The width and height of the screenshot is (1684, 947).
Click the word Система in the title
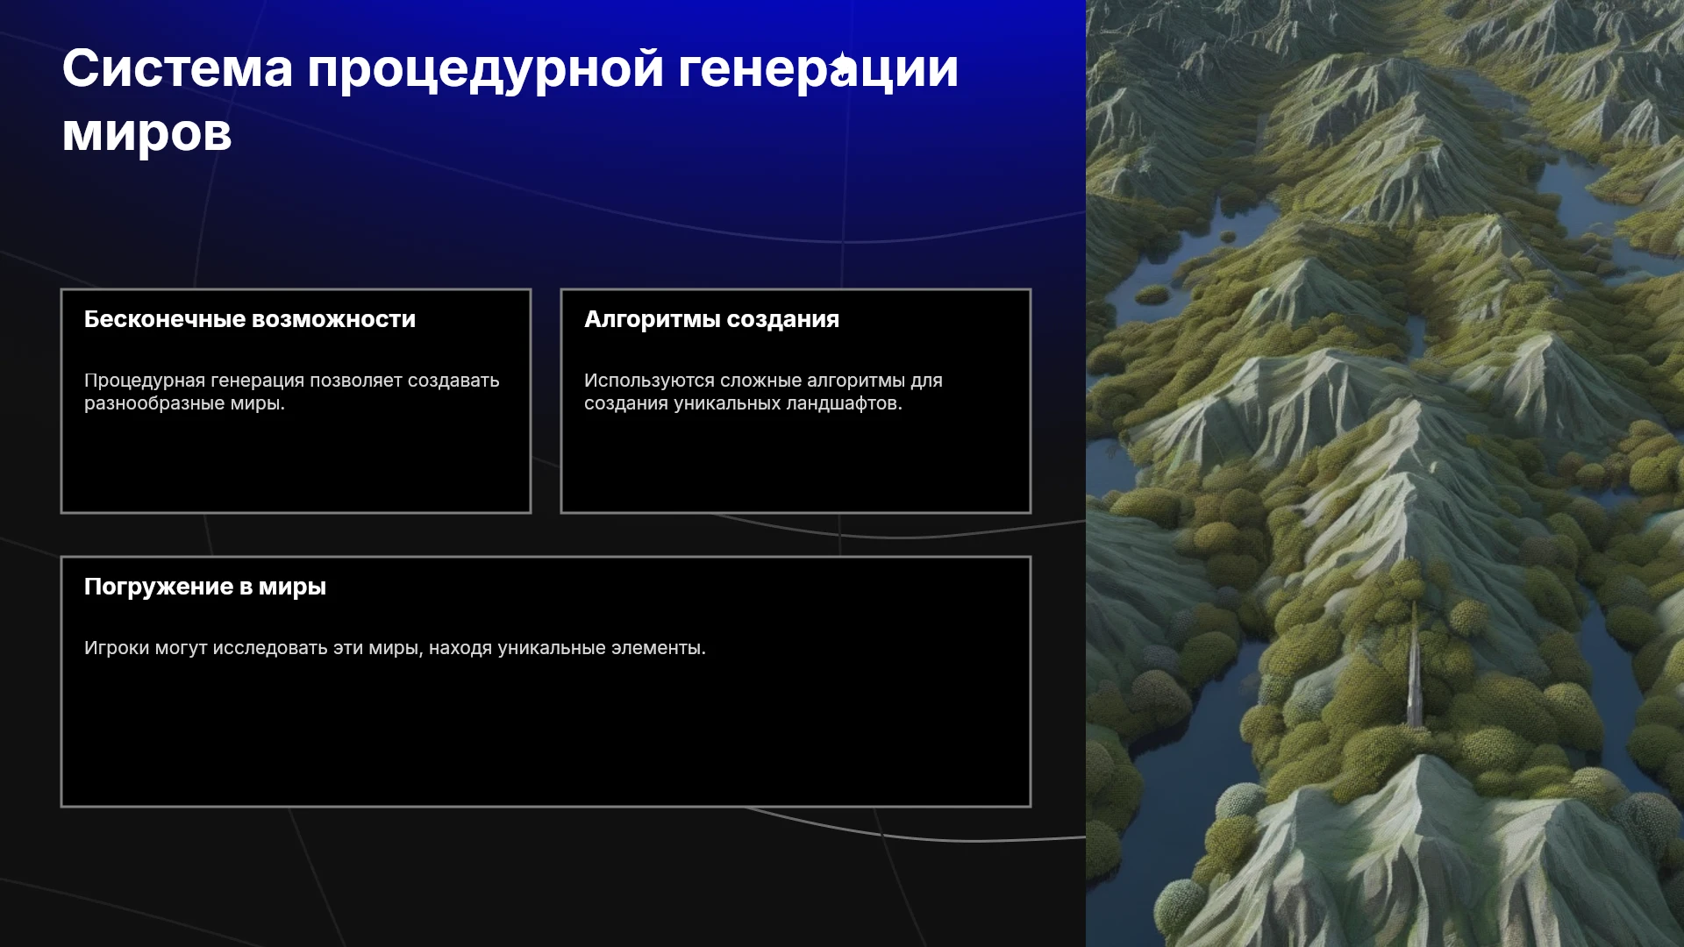pos(177,68)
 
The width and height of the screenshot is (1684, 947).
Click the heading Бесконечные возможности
pos(250,319)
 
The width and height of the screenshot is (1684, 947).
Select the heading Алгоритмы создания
pos(711,319)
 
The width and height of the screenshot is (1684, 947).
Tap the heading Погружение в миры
pos(205,587)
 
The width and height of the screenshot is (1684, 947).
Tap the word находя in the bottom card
pos(460,648)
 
